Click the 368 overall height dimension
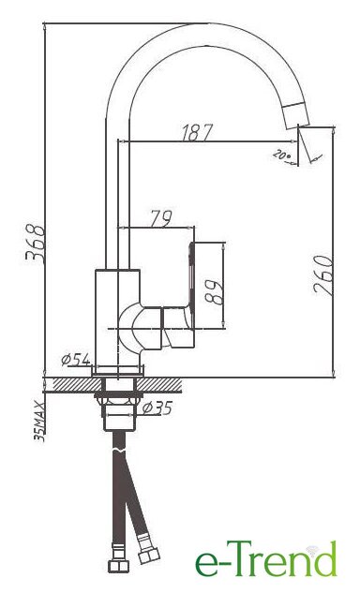[36, 244]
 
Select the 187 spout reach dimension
[197, 132]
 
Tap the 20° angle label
[282, 155]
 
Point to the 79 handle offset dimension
[161, 218]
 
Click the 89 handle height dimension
[213, 291]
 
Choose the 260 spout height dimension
[323, 274]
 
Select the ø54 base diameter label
[76, 360]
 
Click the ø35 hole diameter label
[158, 408]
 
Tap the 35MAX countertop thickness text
[39, 422]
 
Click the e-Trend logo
[265, 558]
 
